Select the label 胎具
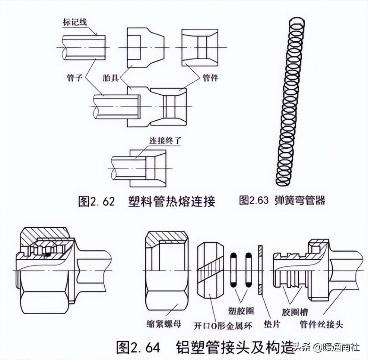(111, 78)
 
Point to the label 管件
(210, 78)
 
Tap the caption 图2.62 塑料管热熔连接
(146, 201)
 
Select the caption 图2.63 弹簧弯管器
(282, 200)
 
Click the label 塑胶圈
(240, 310)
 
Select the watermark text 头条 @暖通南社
(327, 348)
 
